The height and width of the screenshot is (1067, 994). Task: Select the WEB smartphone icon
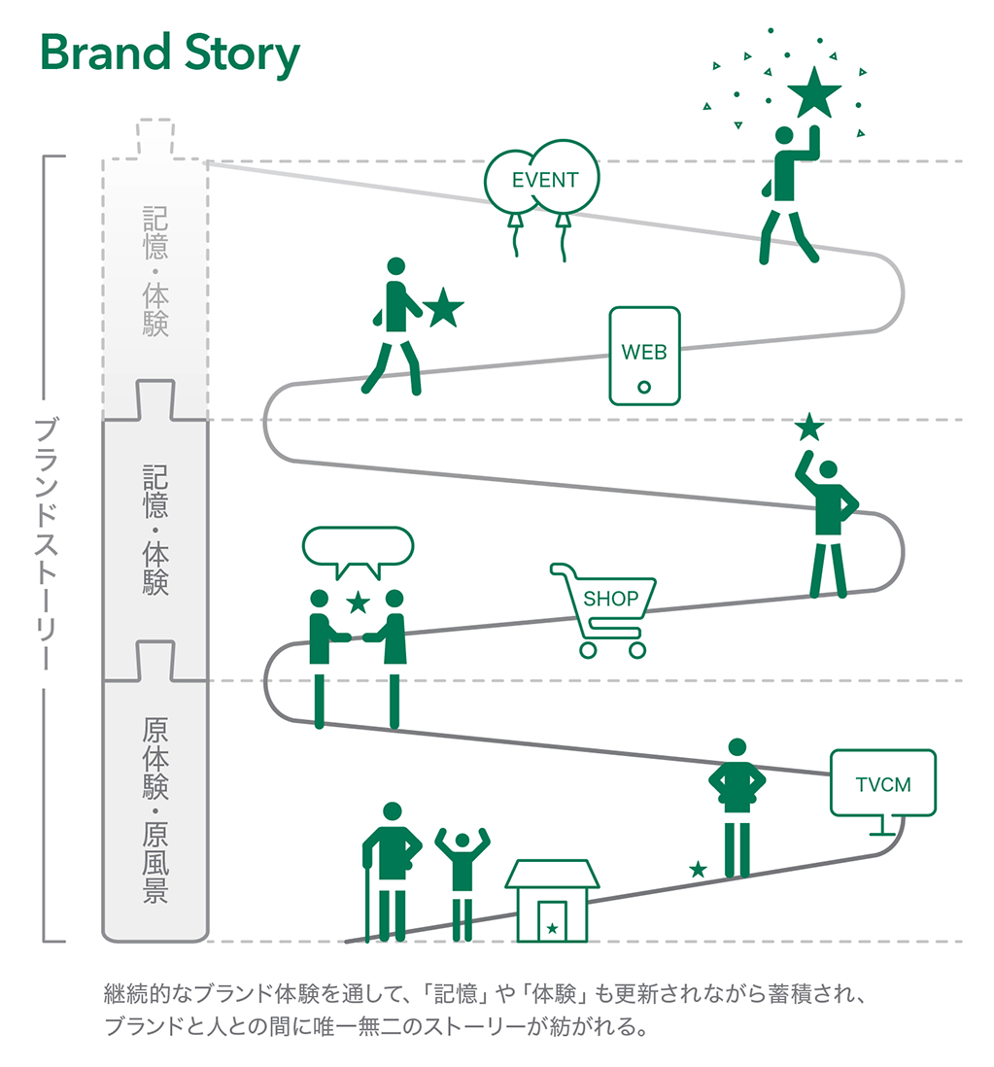644,355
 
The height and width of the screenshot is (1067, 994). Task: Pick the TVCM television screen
883,783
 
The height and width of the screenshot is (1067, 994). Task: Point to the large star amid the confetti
814,95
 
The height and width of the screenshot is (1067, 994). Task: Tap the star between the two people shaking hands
359,602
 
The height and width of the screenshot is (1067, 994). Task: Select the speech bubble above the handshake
358,548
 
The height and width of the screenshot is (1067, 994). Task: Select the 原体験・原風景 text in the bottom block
155,810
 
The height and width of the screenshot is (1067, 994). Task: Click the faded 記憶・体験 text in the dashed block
155,270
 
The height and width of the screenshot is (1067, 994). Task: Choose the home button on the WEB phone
644,388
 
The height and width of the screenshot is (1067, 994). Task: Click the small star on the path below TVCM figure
698,869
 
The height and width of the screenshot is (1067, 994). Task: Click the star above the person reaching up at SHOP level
808,427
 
